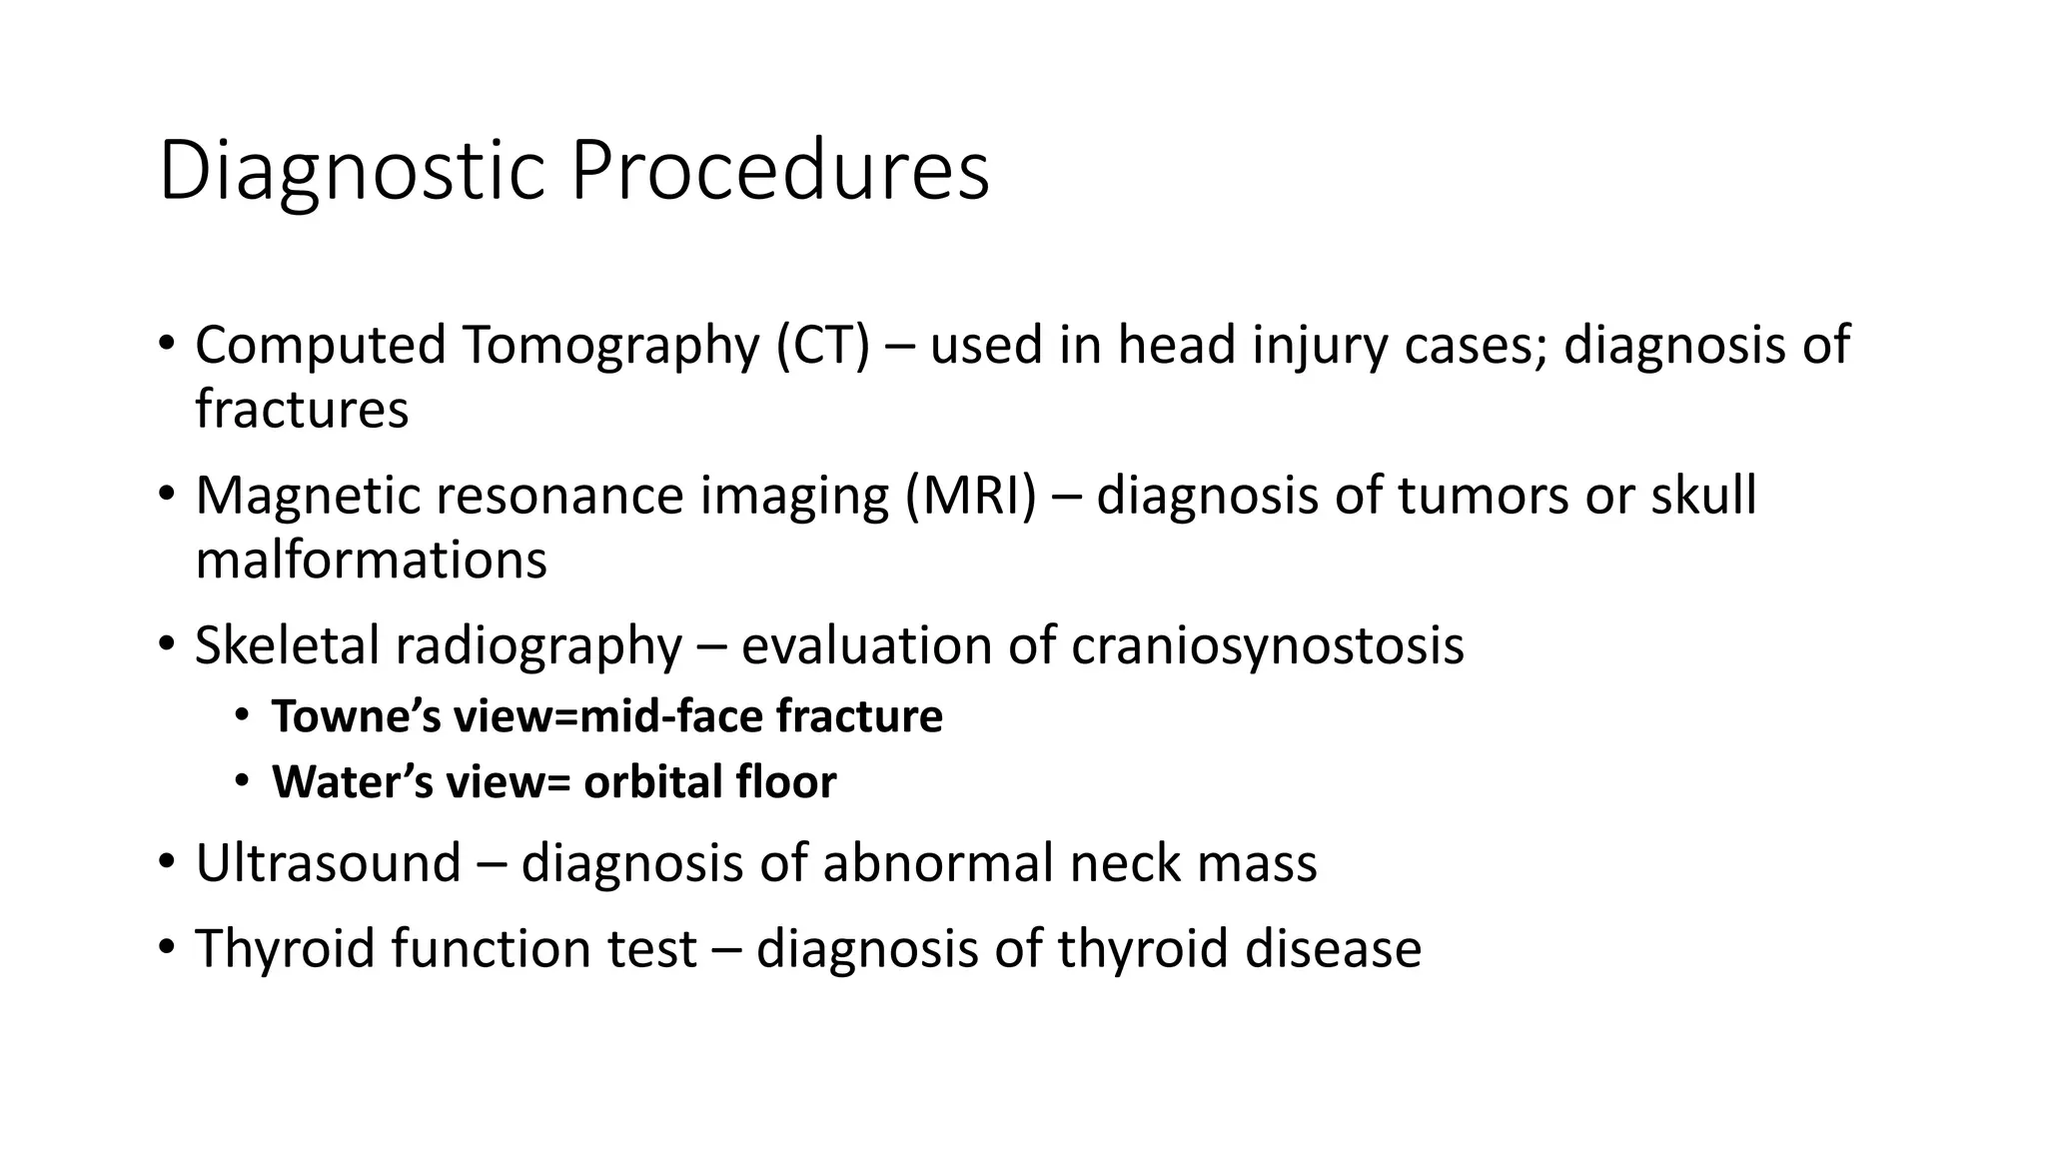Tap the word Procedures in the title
point(780,172)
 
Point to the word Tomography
point(610,348)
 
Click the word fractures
point(302,410)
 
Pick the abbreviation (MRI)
point(971,497)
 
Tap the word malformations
point(371,560)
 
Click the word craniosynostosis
point(1268,645)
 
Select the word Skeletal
point(287,645)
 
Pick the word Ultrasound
point(328,863)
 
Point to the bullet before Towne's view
point(242,716)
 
